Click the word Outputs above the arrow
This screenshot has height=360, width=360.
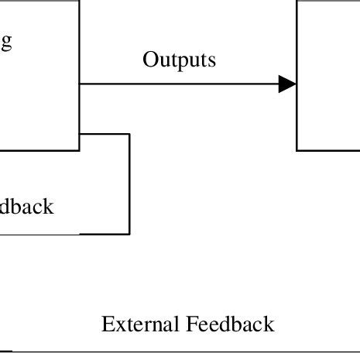[179, 60]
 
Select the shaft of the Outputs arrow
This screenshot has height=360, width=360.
[178, 84]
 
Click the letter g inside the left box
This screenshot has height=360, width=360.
[5, 43]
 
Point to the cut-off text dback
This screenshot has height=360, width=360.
[27, 207]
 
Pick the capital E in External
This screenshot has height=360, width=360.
[108, 324]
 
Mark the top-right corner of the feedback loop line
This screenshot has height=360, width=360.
[129, 134]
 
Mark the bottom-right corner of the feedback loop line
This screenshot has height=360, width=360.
[129, 233]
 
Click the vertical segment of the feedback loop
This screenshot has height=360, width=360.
[129, 183]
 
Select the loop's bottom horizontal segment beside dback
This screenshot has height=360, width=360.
[105, 233]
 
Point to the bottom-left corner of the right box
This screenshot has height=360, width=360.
[297, 150]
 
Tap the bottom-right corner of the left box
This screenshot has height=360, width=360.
[79, 150]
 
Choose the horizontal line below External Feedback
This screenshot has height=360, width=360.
[178, 351]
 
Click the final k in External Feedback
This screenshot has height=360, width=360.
[269, 324]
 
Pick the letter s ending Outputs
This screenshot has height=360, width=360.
[211, 60]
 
